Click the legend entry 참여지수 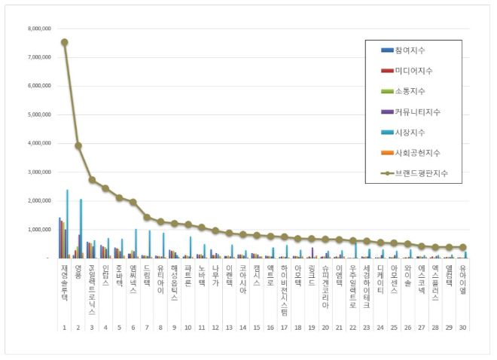click(410, 50)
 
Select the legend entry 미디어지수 click(413, 71)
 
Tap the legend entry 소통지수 click(410, 91)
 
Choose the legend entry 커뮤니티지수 click(417, 111)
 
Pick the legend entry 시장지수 click(410, 132)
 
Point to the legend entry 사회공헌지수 click(417, 152)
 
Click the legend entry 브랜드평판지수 click(421, 173)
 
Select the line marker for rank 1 click(64, 42)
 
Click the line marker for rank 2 click(78, 145)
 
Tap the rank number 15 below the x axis click(257, 328)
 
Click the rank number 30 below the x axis click(463, 328)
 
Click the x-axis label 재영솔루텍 click(64, 280)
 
